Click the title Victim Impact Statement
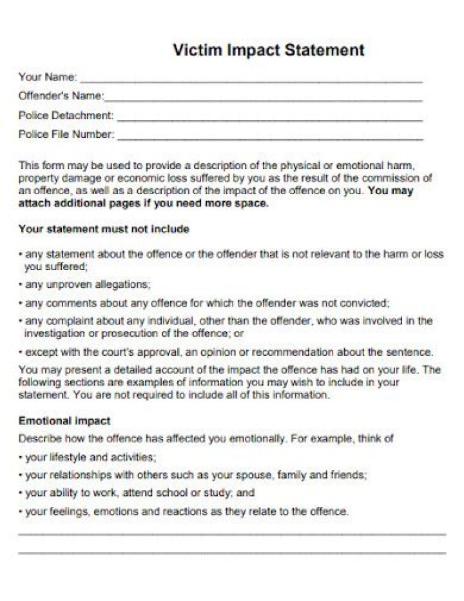[269, 50]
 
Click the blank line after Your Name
[251, 80]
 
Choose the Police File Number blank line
[271, 137]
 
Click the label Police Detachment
[66, 115]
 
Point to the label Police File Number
[66, 134]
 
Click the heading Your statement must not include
[104, 229]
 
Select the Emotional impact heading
[64, 420]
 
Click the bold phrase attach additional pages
[84, 203]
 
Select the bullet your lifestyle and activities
[90, 457]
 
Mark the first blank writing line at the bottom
[232, 534]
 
